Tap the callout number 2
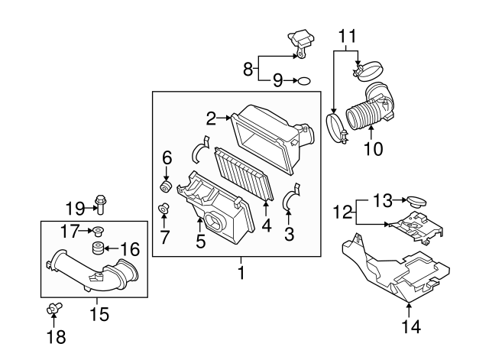(x=211, y=118)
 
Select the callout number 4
(x=267, y=225)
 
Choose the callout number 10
(x=373, y=150)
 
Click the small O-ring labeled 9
(x=303, y=79)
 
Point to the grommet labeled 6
(x=164, y=185)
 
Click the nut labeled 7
(x=164, y=209)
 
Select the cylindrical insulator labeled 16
(x=97, y=248)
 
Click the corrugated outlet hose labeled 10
(x=369, y=111)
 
